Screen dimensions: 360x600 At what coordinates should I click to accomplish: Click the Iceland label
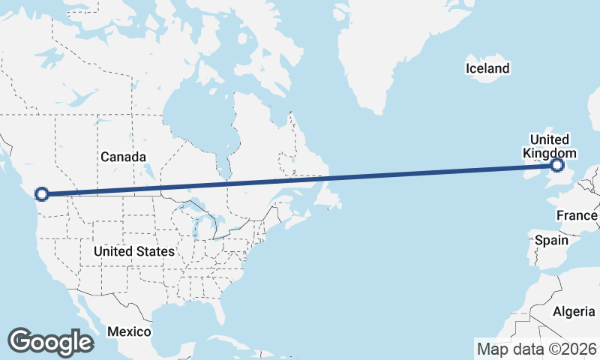(x=487, y=69)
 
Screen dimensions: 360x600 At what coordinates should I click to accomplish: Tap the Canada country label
(x=123, y=157)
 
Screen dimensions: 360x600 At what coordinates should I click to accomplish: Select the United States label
(x=134, y=251)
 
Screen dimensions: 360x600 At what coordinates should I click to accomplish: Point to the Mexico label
(x=128, y=331)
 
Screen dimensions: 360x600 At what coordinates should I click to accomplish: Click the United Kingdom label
(x=550, y=146)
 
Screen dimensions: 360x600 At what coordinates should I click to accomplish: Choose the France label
(x=577, y=216)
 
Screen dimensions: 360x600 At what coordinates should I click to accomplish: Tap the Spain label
(x=551, y=241)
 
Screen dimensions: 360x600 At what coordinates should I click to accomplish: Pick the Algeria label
(x=574, y=311)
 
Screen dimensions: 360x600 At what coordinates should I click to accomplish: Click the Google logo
(x=51, y=342)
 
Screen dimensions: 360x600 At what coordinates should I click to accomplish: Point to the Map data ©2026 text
(x=536, y=349)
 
